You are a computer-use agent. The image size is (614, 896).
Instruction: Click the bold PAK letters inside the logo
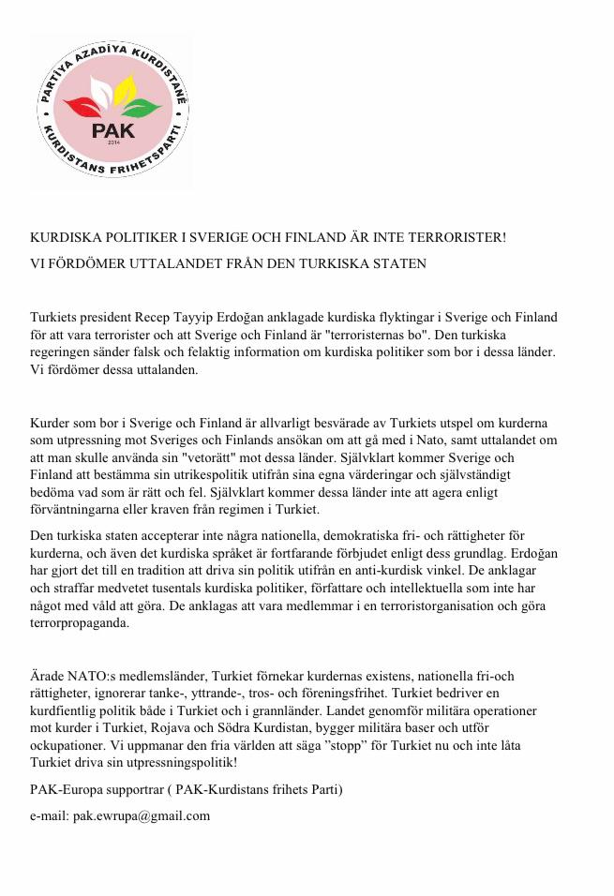tap(112, 129)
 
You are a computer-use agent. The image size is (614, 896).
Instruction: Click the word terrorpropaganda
tap(80, 621)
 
